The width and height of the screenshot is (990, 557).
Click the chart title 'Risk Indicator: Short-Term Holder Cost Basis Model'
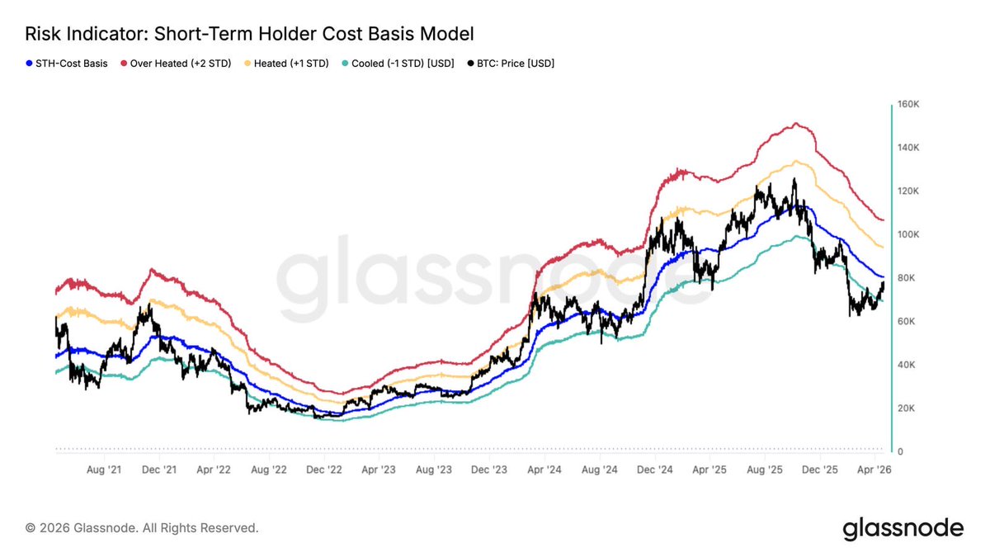[249, 34]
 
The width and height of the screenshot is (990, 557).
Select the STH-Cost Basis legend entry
[72, 63]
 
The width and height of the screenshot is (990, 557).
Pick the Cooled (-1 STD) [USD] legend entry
[403, 63]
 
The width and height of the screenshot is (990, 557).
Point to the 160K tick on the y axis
[909, 105]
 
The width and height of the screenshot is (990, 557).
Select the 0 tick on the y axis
[902, 452]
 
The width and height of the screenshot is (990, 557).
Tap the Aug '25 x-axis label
[763, 470]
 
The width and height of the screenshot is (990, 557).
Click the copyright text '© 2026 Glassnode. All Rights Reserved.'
[142, 527]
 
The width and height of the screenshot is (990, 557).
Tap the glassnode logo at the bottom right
[903, 528]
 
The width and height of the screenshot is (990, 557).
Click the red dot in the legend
[125, 63]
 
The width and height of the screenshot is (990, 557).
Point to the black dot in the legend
[470, 63]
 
